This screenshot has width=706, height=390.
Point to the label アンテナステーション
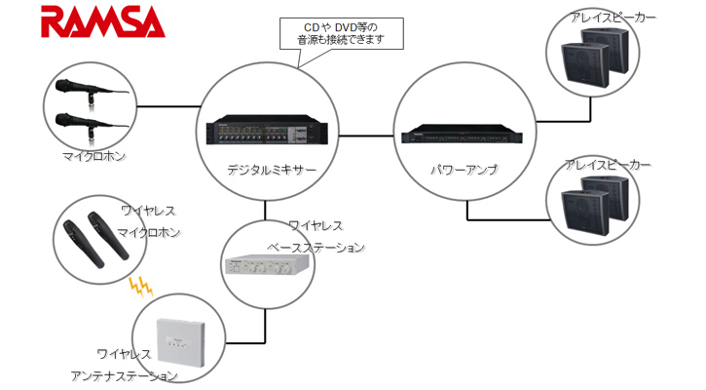click(124, 375)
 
